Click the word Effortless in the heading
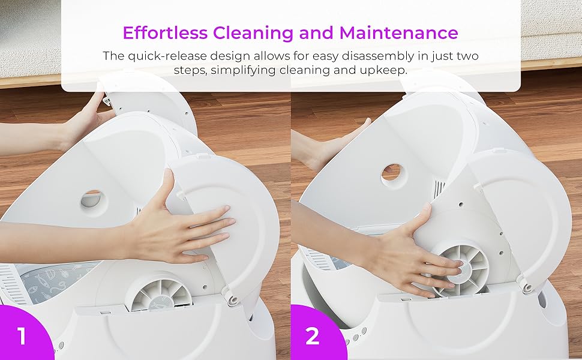[x=165, y=32]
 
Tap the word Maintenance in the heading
[x=398, y=32]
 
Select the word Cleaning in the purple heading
[x=253, y=32]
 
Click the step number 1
[x=22, y=336]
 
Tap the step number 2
[x=312, y=336]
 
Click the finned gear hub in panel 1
[x=161, y=294]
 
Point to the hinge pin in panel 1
[x=233, y=299]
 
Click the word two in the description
[x=467, y=56]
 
